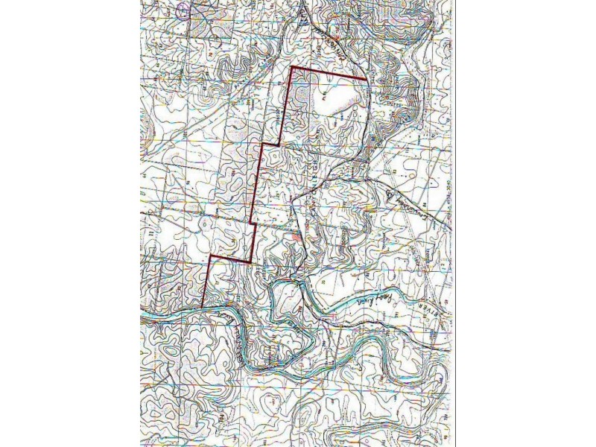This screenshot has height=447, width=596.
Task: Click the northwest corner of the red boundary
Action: click(291, 68)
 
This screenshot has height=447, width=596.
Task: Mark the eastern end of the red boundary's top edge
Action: click(365, 79)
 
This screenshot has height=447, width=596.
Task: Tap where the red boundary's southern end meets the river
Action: click(203, 305)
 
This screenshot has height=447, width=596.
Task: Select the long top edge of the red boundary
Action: click(328, 73)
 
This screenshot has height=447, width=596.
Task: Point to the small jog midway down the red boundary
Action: click(253, 223)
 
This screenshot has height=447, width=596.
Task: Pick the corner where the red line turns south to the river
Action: click(211, 256)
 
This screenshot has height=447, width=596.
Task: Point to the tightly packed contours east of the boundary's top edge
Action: click(395, 104)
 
